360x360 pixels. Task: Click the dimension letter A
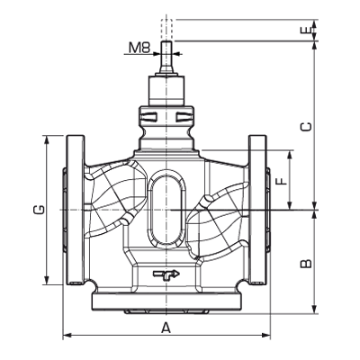coord(166,328)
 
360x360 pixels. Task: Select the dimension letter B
coord(305,264)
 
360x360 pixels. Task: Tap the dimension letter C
coord(305,127)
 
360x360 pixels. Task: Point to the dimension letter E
coord(305,30)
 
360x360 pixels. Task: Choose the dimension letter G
coord(38,211)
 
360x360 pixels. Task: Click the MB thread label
coord(139,46)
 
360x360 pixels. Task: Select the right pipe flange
coord(258,211)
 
